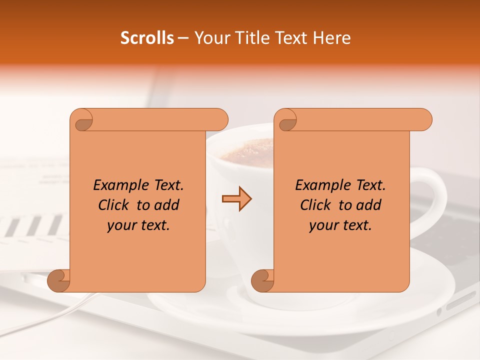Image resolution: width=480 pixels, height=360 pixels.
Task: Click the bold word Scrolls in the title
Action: (147, 38)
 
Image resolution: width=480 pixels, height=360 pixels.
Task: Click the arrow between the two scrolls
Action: (236, 198)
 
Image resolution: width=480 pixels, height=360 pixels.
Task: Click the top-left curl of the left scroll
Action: (82, 120)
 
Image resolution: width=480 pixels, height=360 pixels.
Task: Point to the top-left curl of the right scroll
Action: (286, 120)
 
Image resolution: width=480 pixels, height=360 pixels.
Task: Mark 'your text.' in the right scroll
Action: (340, 225)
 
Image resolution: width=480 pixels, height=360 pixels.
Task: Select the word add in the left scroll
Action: (166, 205)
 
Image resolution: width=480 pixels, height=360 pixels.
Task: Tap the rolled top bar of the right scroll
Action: (360, 120)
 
